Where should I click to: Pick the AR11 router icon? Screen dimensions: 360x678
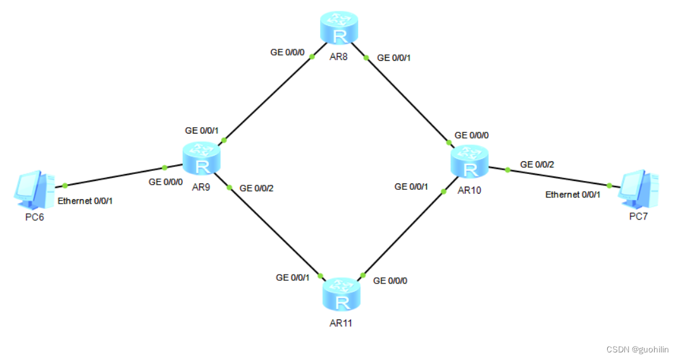pos(342,294)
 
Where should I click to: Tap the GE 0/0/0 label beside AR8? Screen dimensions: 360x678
pos(287,53)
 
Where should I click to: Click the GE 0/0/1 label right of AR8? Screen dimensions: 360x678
pos(394,58)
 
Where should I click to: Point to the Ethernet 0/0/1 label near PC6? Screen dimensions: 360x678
pos(85,201)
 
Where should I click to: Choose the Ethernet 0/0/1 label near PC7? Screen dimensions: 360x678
pos(573,194)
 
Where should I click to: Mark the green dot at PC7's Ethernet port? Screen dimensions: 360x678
pos(609,185)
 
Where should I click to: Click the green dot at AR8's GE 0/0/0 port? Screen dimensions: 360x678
pos(312,56)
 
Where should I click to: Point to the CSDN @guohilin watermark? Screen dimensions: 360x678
pos(637,349)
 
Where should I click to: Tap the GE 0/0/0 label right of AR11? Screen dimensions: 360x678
pos(390,280)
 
